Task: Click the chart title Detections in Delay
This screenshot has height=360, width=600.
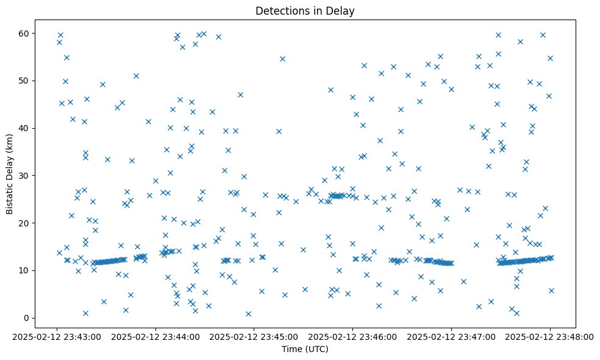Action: click(305, 10)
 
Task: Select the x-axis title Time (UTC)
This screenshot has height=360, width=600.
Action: click(305, 349)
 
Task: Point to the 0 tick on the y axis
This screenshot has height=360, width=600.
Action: click(27, 318)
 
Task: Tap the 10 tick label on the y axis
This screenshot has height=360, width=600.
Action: click(24, 270)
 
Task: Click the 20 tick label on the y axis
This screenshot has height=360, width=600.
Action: click(24, 223)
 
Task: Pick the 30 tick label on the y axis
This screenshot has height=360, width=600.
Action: click(24, 176)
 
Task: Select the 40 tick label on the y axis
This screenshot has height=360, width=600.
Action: click(24, 128)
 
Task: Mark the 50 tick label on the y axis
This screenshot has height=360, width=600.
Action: click(24, 81)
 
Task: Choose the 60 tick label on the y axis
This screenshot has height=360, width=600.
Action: click(24, 33)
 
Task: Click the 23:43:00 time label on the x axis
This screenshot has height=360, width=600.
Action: click(57, 336)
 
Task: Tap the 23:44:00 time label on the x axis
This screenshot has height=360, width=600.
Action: click(155, 336)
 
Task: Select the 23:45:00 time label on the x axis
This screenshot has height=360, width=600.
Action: click(254, 336)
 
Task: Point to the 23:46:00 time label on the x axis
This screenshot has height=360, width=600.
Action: click(353, 336)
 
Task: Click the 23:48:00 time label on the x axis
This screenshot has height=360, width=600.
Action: click(550, 336)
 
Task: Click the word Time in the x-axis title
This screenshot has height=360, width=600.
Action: click(291, 349)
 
